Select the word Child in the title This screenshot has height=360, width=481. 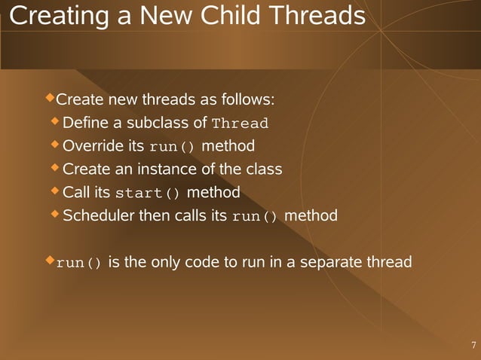pyautogui.click(x=234, y=15)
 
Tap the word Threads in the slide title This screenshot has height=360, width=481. pyautogui.click(x=319, y=15)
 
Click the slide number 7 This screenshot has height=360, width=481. pyautogui.click(x=473, y=346)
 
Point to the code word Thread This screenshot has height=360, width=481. pyautogui.click(x=240, y=124)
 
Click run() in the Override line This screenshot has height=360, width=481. pyautogui.click(x=172, y=146)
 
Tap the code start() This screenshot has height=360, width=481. pyautogui.click(x=147, y=193)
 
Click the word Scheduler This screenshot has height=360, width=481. pyautogui.click(x=98, y=216)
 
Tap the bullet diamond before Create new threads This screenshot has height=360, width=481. pyautogui.click(x=51, y=98)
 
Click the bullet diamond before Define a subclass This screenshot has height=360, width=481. pyautogui.click(x=55, y=121)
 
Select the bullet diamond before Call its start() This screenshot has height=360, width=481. pyautogui.click(x=55, y=191)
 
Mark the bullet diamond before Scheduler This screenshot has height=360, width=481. pyautogui.click(x=55, y=214)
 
